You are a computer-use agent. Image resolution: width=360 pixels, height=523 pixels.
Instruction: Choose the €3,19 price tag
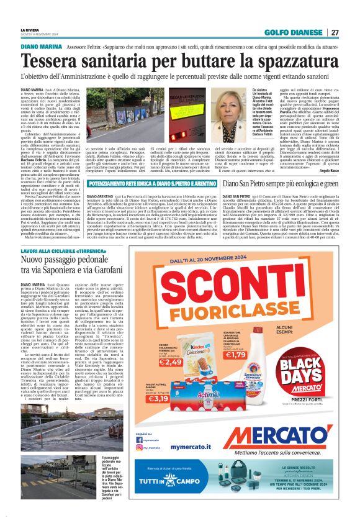(x=158, y=398)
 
